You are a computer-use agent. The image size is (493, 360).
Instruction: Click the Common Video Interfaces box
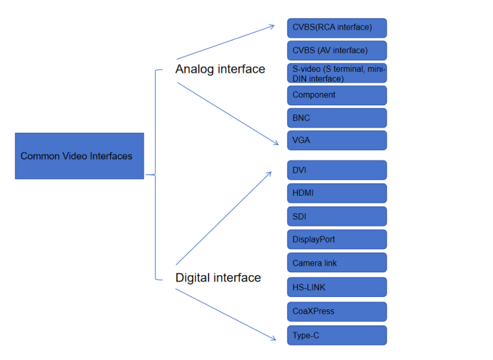click(x=79, y=156)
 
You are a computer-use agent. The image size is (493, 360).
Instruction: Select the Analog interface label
click(x=220, y=69)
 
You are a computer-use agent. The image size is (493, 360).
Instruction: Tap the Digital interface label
click(x=218, y=278)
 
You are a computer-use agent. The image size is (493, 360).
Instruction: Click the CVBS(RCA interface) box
click(x=336, y=28)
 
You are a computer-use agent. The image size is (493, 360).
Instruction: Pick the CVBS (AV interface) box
click(x=336, y=51)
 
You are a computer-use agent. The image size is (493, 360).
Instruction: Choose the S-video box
click(x=336, y=74)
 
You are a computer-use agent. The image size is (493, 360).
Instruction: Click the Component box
click(x=336, y=95)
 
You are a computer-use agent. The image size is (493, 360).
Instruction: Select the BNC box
click(x=336, y=118)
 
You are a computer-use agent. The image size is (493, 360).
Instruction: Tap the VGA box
click(x=336, y=140)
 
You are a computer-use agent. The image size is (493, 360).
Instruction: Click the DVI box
click(x=336, y=170)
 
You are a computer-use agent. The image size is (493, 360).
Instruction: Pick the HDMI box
click(x=336, y=193)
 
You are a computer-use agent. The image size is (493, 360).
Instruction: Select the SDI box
click(x=336, y=216)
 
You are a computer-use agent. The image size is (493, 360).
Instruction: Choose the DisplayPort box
click(x=336, y=239)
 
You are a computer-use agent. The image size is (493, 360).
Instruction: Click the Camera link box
click(x=336, y=263)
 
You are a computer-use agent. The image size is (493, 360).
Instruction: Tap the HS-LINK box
click(x=336, y=287)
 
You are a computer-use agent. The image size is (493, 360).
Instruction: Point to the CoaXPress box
click(x=336, y=311)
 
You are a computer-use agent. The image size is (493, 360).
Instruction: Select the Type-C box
click(x=336, y=335)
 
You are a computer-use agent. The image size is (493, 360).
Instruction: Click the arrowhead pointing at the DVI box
click(x=269, y=173)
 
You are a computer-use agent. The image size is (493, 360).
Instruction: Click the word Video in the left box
click(x=76, y=156)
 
